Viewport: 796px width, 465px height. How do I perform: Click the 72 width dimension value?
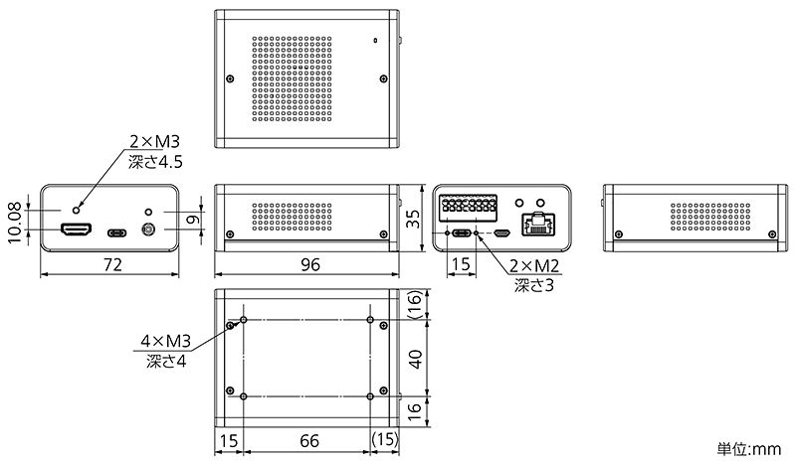[112, 264]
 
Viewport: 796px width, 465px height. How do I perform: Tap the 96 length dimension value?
[310, 264]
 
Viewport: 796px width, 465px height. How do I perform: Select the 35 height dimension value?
[414, 218]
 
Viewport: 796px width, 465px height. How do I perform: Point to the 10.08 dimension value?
[15, 223]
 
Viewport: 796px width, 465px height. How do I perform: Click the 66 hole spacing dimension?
[309, 441]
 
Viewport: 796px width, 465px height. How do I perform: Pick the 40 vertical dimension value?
[415, 359]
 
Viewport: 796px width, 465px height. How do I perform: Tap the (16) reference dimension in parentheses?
[415, 304]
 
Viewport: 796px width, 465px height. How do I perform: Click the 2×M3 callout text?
[154, 141]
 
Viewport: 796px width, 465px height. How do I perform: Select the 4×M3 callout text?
[165, 341]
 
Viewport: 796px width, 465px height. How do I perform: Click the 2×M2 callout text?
[534, 265]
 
